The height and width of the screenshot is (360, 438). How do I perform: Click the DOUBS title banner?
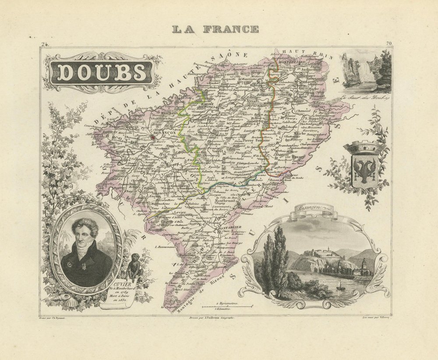click(x=102, y=73)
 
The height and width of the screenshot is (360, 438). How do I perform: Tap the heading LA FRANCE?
click(x=215, y=30)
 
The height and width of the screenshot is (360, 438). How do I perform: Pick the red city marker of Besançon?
click(x=152, y=137)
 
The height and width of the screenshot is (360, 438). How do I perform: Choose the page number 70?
click(x=389, y=43)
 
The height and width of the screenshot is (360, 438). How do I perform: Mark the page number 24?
click(x=44, y=43)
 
